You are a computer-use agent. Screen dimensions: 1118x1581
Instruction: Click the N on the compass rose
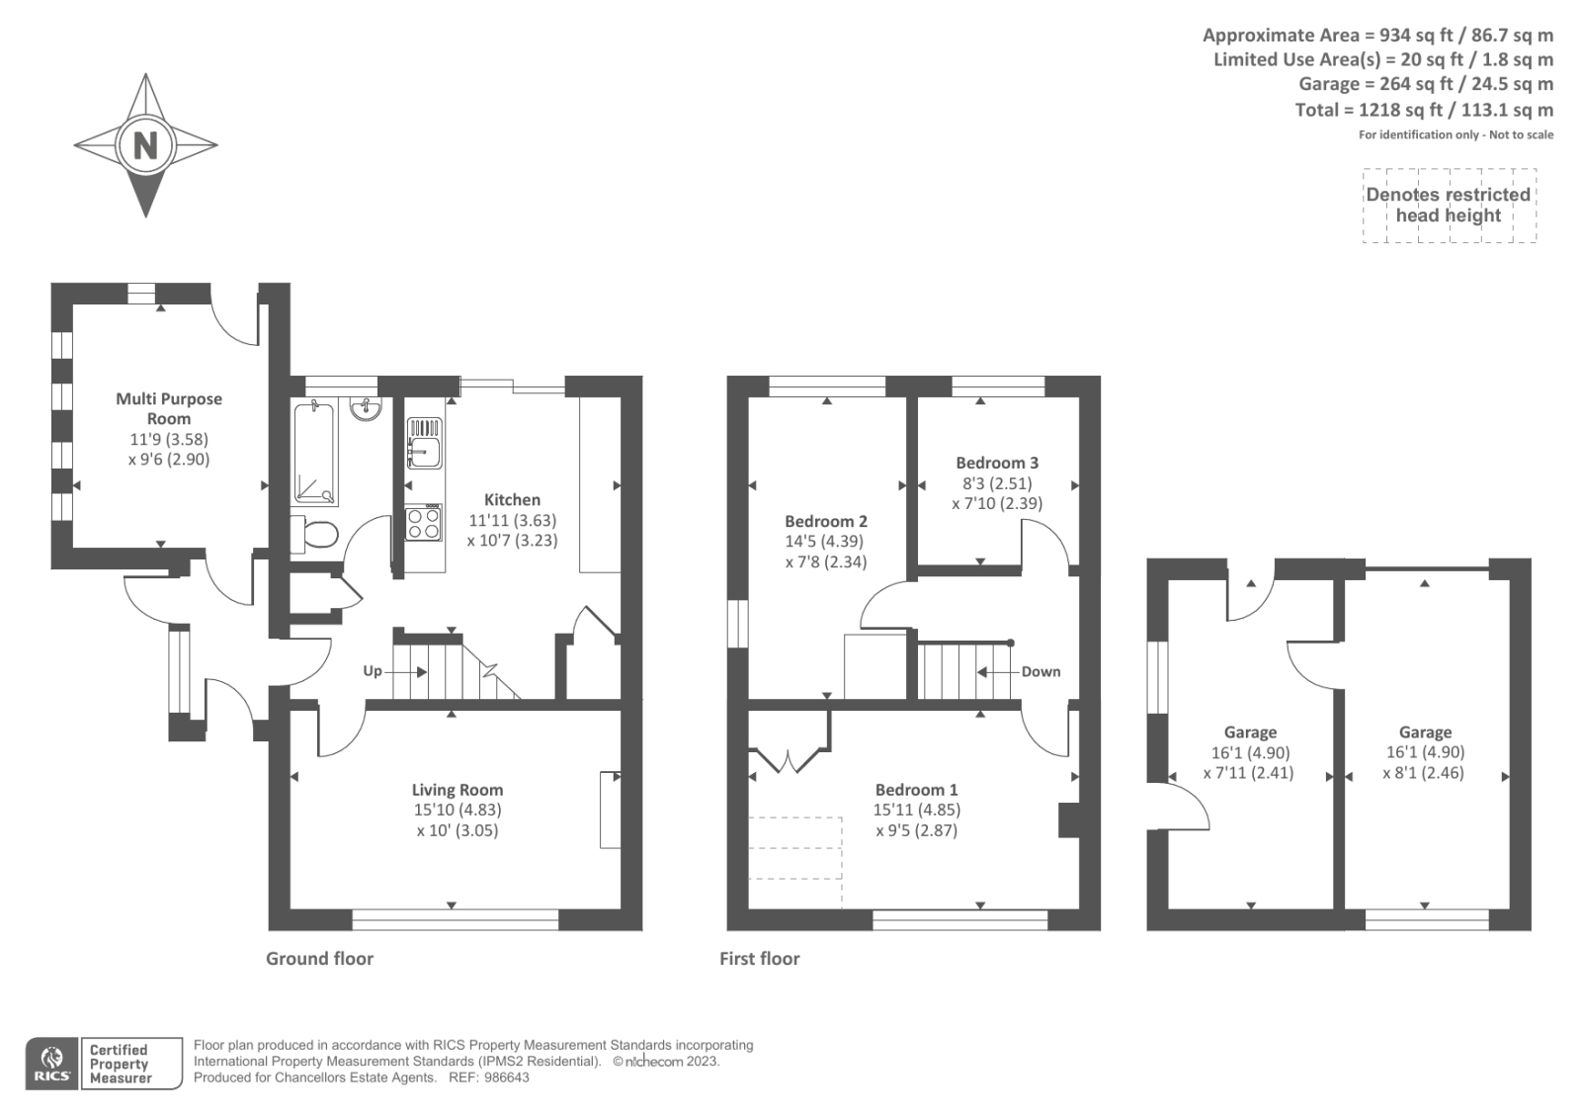145,146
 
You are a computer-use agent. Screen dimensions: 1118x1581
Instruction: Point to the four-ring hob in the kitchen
424,522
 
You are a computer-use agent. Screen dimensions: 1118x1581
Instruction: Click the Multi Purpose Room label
169,408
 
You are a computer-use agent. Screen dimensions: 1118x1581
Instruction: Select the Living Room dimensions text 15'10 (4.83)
458,810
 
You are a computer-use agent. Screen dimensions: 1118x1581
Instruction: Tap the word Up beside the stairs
372,671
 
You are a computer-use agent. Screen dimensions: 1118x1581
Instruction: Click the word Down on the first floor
1040,672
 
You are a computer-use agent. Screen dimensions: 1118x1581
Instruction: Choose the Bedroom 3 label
997,463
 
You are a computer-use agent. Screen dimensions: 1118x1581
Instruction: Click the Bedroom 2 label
826,522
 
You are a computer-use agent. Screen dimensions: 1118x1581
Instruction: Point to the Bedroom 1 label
916,790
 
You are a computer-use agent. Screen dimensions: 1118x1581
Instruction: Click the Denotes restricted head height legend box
1449,206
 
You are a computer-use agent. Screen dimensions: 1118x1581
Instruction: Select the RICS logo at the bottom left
52,1064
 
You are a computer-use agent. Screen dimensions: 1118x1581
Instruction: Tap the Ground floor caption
319,959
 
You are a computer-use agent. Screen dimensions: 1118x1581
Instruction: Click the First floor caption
759,959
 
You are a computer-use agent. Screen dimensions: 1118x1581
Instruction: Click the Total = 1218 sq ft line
1424,110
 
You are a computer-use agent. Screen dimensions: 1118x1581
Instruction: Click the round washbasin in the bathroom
366,409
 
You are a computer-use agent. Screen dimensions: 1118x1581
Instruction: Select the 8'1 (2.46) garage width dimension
1424,773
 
